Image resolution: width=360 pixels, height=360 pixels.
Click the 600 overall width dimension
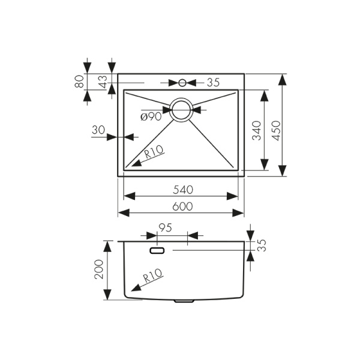182,206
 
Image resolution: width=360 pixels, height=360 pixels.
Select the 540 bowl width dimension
182,190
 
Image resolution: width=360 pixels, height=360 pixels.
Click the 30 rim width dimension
98,130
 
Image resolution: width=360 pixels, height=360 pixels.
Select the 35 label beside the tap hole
214,82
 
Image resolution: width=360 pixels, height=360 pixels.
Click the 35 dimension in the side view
261,245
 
